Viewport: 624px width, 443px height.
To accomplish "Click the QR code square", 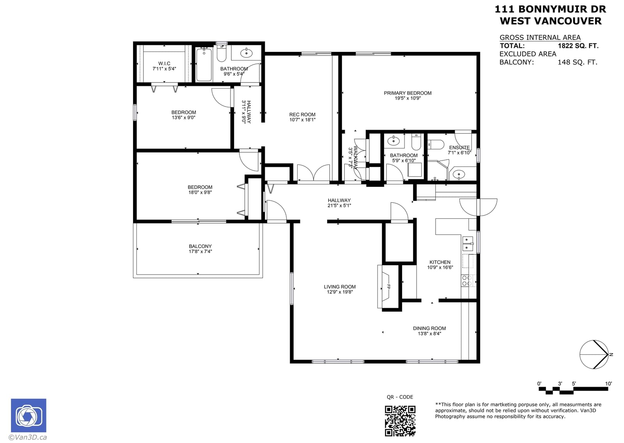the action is [400, 421].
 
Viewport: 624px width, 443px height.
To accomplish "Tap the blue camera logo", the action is [29, 415].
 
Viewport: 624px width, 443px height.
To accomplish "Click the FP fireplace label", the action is [388, 286].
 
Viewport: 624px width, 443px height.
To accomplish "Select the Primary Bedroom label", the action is [408, 93].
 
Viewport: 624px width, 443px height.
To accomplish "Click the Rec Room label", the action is [302, 114].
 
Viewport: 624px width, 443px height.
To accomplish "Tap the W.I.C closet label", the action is [164, 64].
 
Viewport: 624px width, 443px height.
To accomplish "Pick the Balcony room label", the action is [200, 247].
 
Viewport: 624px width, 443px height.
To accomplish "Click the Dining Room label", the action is [429, 329].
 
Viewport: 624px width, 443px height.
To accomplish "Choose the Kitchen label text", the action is [440, 262].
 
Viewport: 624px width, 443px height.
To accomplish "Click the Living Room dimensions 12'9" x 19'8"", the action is [340, 292].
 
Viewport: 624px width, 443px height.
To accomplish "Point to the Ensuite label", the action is [459, 148].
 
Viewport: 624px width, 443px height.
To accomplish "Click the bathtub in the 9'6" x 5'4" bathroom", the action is [204, 64].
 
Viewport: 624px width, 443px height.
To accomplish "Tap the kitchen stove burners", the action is [466, 280].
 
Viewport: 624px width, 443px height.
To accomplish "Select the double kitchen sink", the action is [468, 243].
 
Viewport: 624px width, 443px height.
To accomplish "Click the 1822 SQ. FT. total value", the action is [578, 46].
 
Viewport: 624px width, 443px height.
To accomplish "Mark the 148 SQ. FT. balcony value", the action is [578, 62].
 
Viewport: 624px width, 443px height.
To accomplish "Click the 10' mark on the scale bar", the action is [608, 384].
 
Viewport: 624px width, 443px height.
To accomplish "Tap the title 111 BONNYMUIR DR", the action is [550, 9].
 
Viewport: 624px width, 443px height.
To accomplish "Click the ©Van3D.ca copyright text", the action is [28, 437].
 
